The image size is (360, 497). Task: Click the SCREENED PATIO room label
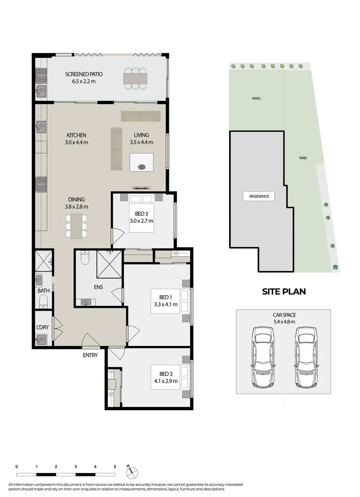click(x=84, y=74)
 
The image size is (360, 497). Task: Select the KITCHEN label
click(x=76, y=135)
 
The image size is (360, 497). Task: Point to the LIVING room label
click(x=141, y=135)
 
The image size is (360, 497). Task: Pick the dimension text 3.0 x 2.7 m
click(x=141, y=221)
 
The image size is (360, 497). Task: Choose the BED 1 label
click(x=165, y=297)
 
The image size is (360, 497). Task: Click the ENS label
click(x=98, y=287)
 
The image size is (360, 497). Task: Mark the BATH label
click(x=43, y=291)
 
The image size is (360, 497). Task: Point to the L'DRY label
click(x=43, y=327)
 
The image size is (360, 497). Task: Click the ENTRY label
click(x=90, y=355)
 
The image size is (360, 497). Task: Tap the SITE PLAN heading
click(x=284, y=291)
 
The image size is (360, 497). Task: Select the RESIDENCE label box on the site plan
click(x=259, y=196)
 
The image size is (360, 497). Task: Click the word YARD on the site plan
click(x=302, y=158)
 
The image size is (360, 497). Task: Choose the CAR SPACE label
click(x=283, y=315)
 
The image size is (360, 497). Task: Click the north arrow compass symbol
click(x=132, y=472)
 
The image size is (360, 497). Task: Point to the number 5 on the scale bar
click(x=115, y=467)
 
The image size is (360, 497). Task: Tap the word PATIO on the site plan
click(x=256, y=98)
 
